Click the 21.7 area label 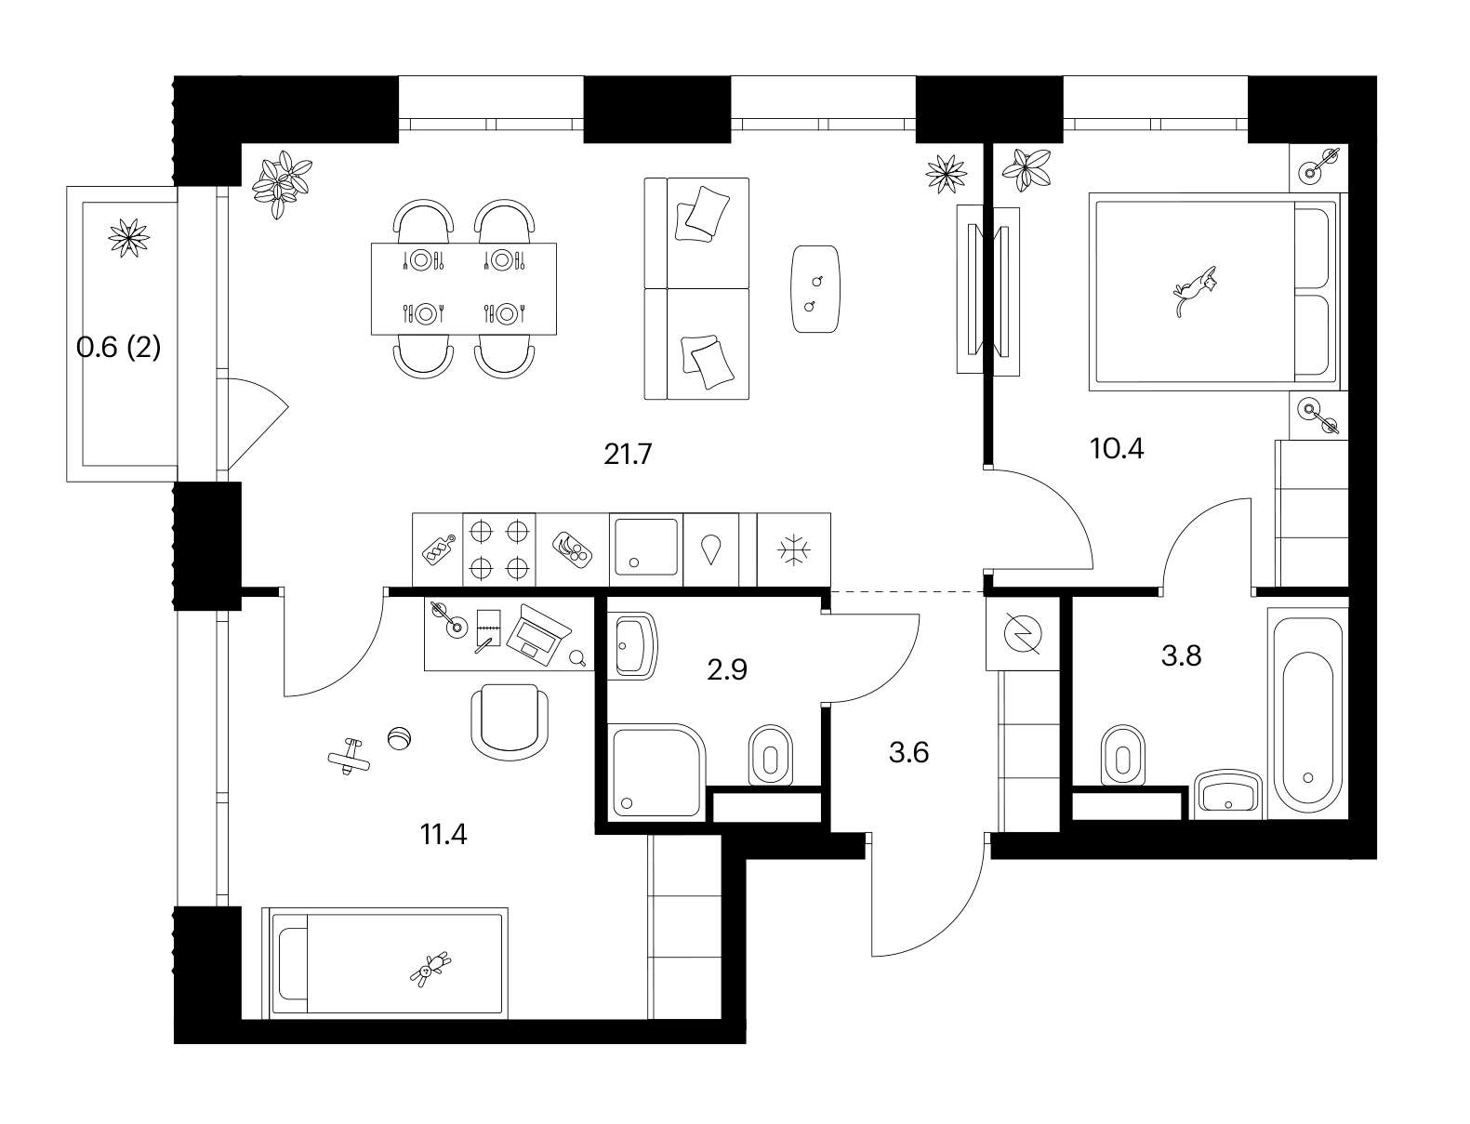pos(628,455)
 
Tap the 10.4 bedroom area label pos(1117,448)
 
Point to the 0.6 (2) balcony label pos(118,348)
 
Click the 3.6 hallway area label pos(908,752)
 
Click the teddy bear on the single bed pos(430,969)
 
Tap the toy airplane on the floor pos(349,757)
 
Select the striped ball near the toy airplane pos(399,738)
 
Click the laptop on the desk pos(538,635)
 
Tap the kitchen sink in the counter pos(645,546)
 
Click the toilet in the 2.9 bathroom pos(770,755)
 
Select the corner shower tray pos(656,771)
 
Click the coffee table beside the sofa pos(815,288)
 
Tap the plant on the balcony pos(128,238)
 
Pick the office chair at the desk pos(510,722)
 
